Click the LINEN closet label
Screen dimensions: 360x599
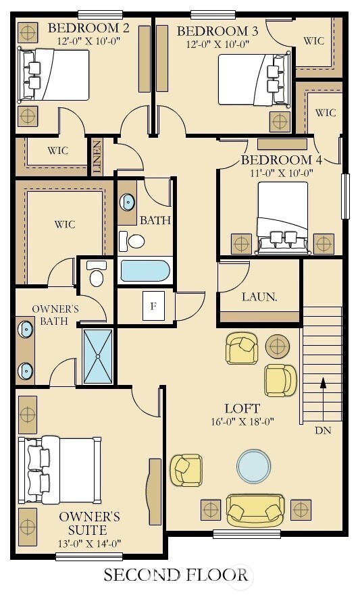[x=97, y=157]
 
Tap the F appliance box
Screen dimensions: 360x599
[x=153, y=306]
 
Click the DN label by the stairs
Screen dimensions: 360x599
[x=323, y=430]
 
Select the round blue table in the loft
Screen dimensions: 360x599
[x=254, y=466]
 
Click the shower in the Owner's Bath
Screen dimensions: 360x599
[x=98, y=356]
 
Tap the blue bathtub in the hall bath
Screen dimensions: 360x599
[x=145, y=271]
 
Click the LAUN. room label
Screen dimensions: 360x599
[x=259, y=297]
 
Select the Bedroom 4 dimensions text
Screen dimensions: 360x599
[x=282, y=173]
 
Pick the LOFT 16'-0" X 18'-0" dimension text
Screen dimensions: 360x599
[x=242, y=421]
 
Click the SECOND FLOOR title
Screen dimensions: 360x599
[x=176, y=575]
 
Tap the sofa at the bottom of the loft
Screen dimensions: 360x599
[x=255, y=510]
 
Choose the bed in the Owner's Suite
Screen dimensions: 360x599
[x=60, y=470]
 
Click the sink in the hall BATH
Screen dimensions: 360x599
[x=127, y=202]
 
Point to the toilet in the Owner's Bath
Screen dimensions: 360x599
[x=95, y=274]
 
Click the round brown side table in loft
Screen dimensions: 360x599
[x=278, y=346]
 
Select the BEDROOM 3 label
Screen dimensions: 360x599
[x=217, y=31]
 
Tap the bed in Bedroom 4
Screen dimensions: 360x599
[x=283, y=218]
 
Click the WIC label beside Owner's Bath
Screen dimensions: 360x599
[x=65, y=224]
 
